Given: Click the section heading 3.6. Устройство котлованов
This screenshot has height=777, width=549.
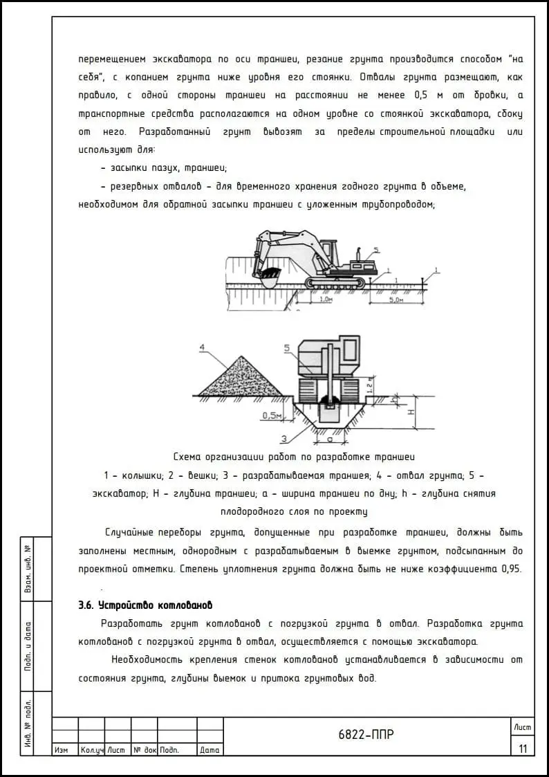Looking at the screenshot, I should point(145,605).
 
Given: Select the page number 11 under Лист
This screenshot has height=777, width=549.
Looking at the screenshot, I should point(522,748).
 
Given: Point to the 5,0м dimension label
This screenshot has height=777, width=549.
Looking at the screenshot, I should point(396,301).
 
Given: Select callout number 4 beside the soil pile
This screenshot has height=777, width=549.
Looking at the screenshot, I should point(201,346).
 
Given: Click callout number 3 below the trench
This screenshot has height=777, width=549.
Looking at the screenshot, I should point(283,439).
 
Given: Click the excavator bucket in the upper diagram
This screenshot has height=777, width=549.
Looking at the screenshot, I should point(268,279).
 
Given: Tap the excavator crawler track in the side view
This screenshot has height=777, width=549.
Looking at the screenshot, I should point(335,284).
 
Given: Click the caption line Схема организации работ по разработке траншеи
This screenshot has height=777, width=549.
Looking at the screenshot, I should point(294,457).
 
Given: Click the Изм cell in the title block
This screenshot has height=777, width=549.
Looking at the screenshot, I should point(61,750).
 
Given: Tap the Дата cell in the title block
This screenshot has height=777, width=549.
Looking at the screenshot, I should point(209,750).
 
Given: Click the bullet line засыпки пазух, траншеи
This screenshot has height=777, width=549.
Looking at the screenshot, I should point(164,168).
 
